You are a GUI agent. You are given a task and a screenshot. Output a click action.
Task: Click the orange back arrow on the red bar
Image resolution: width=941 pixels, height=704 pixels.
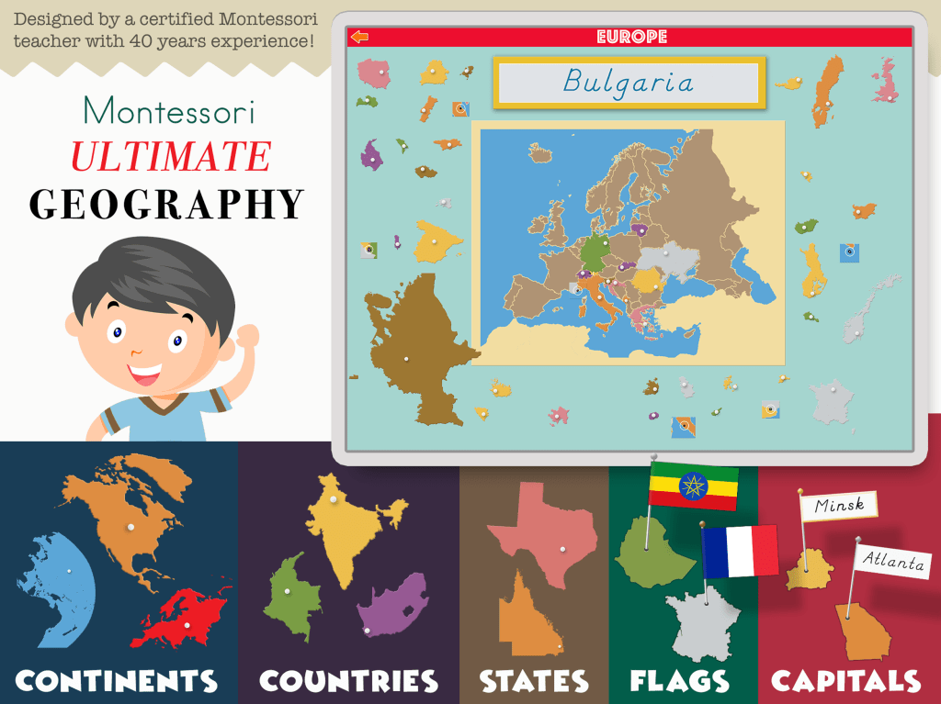[359, 37]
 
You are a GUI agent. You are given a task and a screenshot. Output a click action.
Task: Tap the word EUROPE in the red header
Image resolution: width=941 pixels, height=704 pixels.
[631, 37]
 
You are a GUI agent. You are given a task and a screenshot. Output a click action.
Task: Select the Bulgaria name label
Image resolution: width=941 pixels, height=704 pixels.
[629, 83]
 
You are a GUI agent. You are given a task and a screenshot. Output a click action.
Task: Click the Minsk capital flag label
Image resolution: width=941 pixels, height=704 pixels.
[839, 506]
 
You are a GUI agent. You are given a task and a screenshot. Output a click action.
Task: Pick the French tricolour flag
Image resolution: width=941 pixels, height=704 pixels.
[740, 551]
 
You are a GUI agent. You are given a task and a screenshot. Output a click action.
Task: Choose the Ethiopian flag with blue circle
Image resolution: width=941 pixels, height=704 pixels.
[693, 485]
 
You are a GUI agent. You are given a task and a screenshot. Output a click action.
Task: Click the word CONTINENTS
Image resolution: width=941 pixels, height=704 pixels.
[117, 680]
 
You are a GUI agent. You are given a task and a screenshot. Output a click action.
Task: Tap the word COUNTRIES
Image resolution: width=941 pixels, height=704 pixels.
[348, 680]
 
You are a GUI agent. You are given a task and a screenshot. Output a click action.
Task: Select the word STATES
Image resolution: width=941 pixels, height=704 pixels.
[534, 680]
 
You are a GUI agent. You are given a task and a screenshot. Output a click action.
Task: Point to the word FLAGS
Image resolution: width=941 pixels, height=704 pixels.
[680, 680]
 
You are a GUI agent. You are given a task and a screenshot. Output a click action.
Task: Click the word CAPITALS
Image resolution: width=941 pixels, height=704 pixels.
[845, 680]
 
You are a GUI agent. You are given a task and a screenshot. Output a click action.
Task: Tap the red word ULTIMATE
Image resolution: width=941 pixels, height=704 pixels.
[171, 157]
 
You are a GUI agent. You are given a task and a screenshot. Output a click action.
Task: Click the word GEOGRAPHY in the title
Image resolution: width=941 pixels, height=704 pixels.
[166, 204]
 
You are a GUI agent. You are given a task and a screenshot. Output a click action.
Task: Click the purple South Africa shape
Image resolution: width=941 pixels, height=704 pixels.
[392, 604]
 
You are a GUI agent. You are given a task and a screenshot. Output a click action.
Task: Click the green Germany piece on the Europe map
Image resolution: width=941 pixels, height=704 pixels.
[595, 249]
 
